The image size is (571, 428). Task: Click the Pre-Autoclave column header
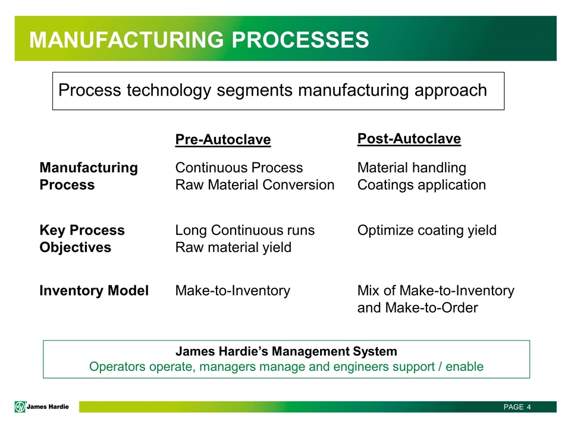[x=223, y=140]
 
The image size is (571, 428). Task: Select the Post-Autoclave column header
[x=409, y=139]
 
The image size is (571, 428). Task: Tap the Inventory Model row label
[x=94, y=291]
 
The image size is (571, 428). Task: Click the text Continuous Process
[x=239, y=168]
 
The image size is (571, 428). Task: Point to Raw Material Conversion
[x=255, y=185]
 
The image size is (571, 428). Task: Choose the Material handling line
[x=412, y=168]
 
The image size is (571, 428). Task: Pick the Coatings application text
[x=421, y=185]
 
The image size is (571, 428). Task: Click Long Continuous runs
[x=244, y=231]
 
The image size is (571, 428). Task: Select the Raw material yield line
[x=233, y=247]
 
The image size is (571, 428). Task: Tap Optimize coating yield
[x=427, y=231]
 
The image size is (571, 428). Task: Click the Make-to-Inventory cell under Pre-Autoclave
[x=233, y=291]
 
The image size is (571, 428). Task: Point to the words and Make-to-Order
[x=418, y=308]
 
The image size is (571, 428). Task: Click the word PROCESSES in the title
[x=300, y=40]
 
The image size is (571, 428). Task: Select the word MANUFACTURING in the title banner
[x=127, y=40]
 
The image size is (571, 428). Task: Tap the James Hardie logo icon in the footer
[x=20, y=407]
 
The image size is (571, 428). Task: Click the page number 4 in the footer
[x=529, y=407]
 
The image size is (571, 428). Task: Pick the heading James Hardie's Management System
[x=286, y=351]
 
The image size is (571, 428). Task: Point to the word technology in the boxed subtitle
[x=169, y=90]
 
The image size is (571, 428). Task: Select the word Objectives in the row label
[x=75, y=247]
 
